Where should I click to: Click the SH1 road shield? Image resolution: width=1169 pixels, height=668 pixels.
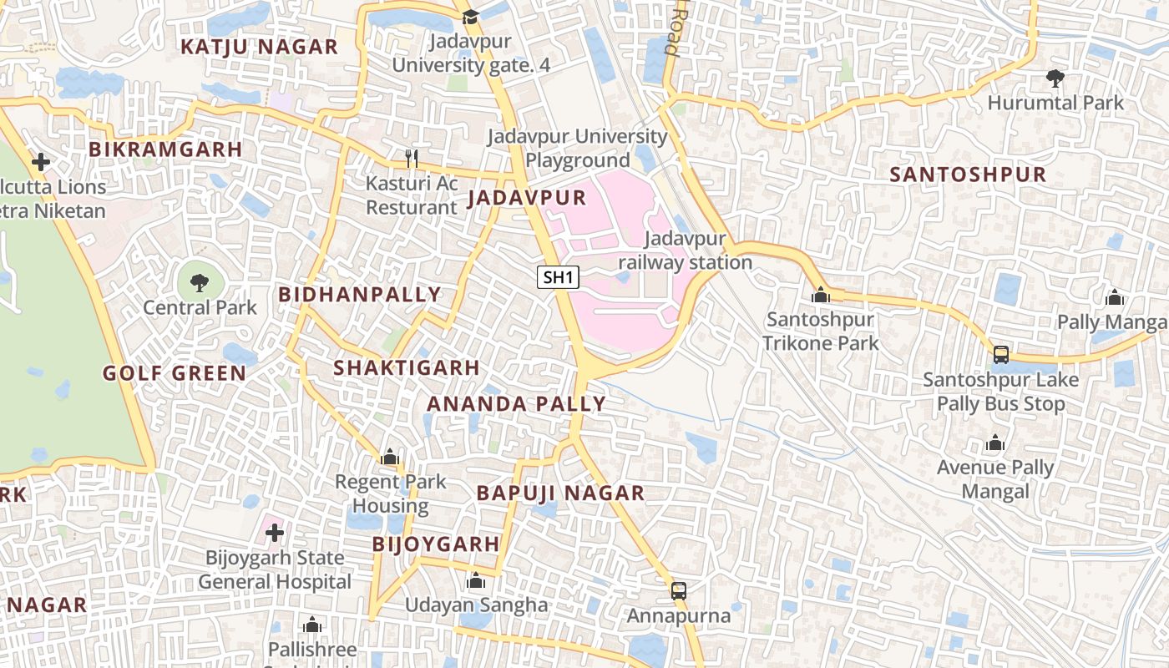coord(558,277)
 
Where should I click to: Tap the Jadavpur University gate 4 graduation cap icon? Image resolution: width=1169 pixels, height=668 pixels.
coord(470,17)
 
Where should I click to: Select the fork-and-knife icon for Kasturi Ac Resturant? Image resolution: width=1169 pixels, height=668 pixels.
coord(411,158)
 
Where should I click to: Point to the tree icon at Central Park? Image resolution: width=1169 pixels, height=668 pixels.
coord(200,283)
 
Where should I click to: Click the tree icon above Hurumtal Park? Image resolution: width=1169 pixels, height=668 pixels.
coord(1055,78)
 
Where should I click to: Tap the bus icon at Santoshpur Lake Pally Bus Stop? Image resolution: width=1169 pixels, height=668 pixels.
coord(1000,355)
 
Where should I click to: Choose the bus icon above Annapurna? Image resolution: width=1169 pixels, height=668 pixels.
coord(679,591)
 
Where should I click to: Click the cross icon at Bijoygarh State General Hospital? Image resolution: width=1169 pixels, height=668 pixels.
coord(274,532)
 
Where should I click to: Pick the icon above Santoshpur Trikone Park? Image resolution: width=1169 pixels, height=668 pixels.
coord(821,295)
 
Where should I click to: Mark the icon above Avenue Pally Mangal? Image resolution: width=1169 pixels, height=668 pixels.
coord(994,443)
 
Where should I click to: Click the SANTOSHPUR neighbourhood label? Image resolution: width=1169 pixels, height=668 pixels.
coord(967,175)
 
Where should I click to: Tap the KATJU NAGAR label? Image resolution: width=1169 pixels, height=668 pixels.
coord(260,47)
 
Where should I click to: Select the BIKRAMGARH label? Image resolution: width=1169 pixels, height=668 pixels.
coord(165,149)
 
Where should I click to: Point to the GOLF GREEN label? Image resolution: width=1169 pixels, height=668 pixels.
coord(175,373)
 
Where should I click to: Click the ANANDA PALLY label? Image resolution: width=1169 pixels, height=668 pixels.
coord(516,404)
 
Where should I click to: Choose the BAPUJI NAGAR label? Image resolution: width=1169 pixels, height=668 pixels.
coord(560,493)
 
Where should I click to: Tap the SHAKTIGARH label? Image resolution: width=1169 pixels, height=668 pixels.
coord(407,367)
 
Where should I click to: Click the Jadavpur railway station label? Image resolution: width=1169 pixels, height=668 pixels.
coord(685,251)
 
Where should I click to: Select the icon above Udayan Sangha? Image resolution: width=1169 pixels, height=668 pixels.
coord(476,580)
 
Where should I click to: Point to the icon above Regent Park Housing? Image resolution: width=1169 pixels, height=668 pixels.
coord(389,457)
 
